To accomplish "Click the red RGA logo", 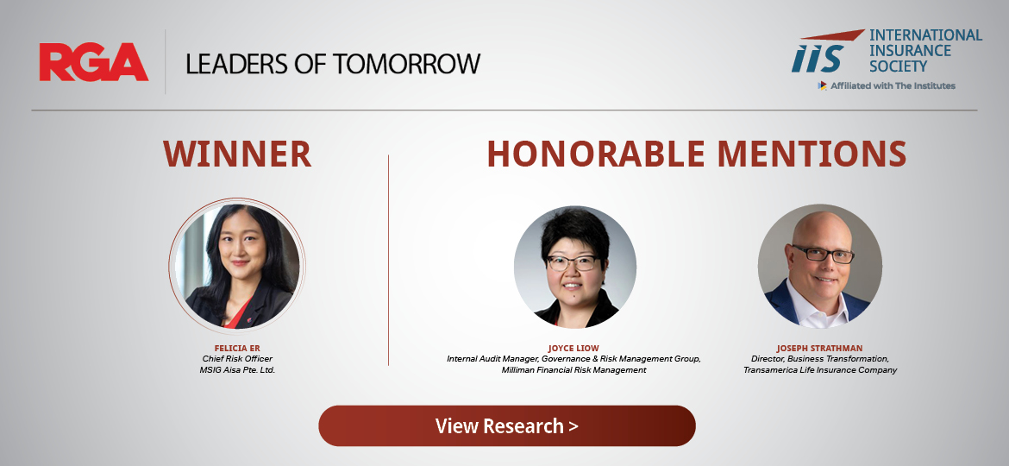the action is (94, 62).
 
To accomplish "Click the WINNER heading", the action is (237, 154).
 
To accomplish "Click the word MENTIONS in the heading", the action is (812, 154).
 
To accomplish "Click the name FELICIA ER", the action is (237, 349).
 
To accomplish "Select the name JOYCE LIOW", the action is (573, 349).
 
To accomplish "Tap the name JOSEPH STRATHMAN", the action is (819, 349).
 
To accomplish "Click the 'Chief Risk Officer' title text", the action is (237, 358).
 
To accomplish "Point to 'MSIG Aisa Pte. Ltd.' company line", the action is (237, 370).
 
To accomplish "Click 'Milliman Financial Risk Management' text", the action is (574, 370).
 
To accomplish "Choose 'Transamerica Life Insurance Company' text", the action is (820, 370).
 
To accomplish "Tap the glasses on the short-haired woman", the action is (572, 262).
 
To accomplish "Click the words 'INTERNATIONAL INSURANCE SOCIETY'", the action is (925, 50).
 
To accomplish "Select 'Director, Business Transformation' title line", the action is (820, 358).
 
